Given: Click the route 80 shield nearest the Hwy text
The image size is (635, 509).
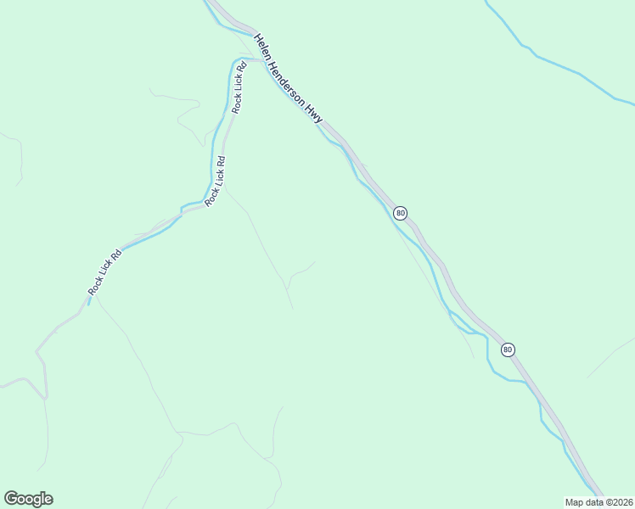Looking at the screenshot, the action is click(401, 212).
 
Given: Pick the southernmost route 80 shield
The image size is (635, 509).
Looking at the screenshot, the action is click(508, 349).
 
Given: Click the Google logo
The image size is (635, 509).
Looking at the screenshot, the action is click(28, 499).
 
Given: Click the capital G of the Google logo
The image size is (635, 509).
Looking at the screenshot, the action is click(11, 499).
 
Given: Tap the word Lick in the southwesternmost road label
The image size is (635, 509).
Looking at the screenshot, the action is click(107, 271).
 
